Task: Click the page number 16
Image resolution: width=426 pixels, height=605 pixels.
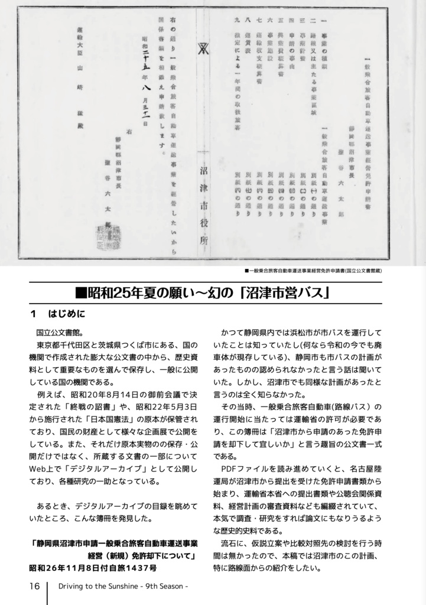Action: (33, 586)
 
